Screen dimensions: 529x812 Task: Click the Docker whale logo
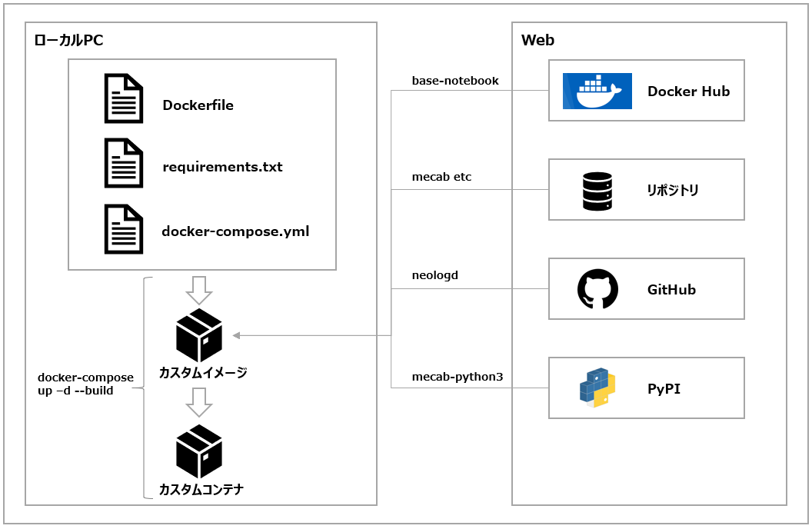[x=597, y=91]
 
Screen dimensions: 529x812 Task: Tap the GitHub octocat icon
[x=597, y=289]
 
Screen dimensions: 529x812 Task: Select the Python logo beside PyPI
[x=597, y=388]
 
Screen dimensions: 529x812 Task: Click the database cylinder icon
[x=597, y=191]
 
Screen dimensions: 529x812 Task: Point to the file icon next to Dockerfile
[x=124, y=98]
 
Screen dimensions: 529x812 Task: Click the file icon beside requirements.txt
[x=124, y=164]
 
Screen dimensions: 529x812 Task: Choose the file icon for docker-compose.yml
[x=124, y=229]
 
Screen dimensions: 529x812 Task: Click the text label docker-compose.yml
[x=235, y=231]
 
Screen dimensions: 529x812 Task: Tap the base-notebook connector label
[x=455, y=80]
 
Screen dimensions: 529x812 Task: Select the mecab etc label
[x=441, y=177]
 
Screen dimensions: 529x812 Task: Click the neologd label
[x=435, y=274]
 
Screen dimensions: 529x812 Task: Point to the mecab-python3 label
[x=458, y=377]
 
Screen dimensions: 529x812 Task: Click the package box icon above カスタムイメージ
[x=199, y=335]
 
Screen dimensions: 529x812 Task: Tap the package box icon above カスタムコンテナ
[x=199, y=451]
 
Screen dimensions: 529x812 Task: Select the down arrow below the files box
[x=199, y=290]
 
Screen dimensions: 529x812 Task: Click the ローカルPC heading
[x=69, y=41]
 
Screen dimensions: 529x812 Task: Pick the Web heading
[x=537, y=41]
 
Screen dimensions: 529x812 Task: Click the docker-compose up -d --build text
[x=85, y=384]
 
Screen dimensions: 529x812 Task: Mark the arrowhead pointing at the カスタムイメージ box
[x=237, y=335]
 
